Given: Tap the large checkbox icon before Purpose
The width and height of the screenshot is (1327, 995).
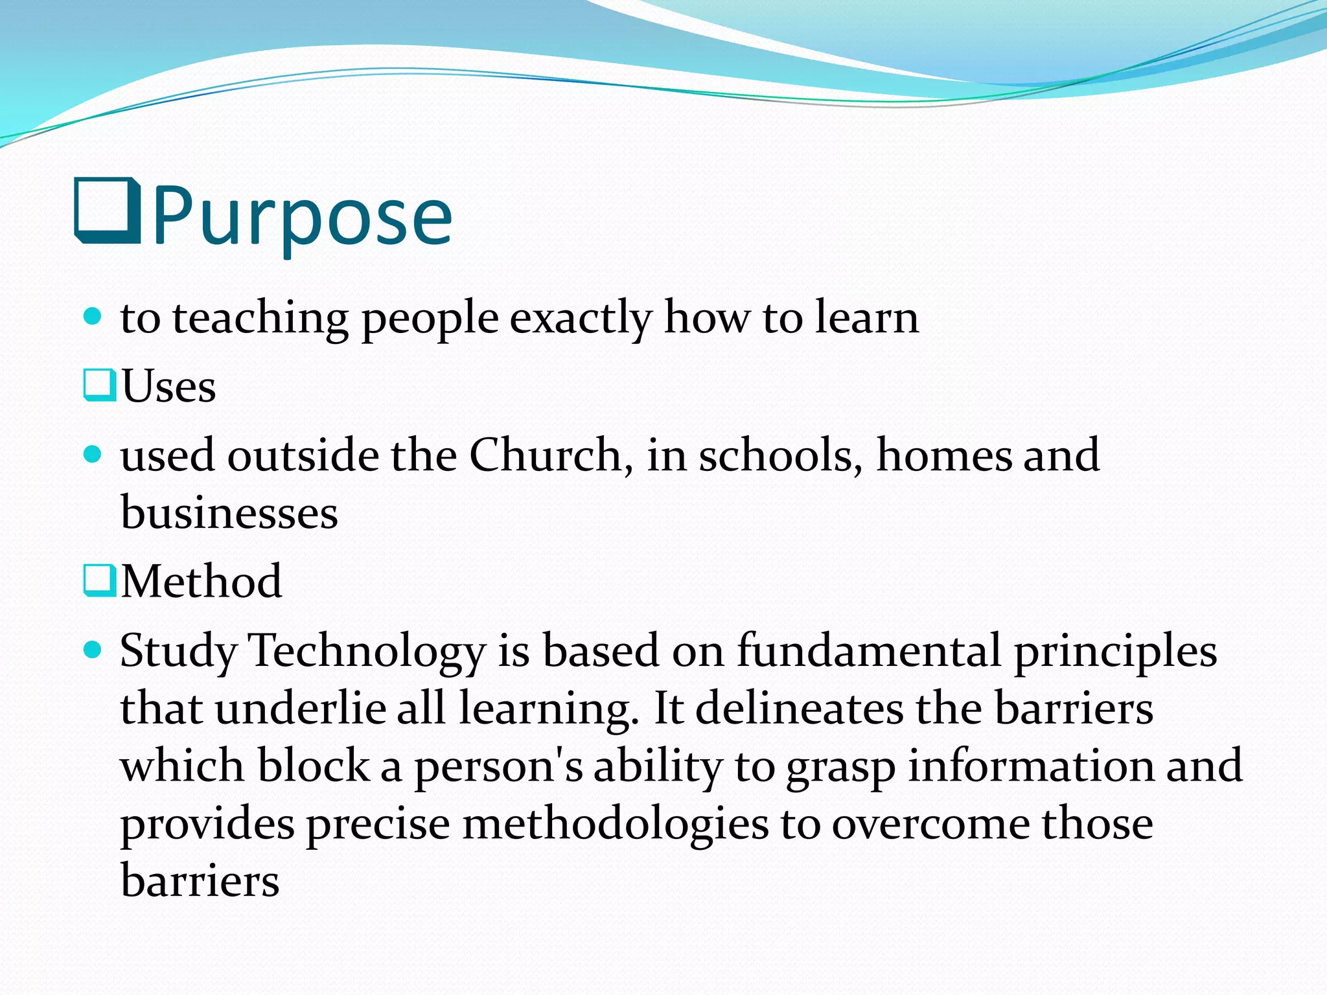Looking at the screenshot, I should (x=108, y=211).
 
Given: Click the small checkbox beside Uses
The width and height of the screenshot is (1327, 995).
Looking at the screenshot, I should (x=100, y=385).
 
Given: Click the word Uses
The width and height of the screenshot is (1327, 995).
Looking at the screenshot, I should (x=168, y=387).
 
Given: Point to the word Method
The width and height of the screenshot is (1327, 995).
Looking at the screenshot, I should (x=202, y=581).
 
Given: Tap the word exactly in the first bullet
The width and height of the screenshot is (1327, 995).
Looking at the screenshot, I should (x=581, y=319).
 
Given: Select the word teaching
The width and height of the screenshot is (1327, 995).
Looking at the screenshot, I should (x=260, y=319).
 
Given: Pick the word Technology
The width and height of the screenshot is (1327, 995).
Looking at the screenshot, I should (x=367, y=651).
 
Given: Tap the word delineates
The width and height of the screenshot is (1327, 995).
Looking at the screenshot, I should (x=799, y=708).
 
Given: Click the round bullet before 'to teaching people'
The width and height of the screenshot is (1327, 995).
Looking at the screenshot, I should (x=93, y=317).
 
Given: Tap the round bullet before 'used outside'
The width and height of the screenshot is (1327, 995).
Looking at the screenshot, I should (x=93, y=453).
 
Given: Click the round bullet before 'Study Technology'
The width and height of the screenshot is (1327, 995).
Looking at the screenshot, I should (x=93, y=649).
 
